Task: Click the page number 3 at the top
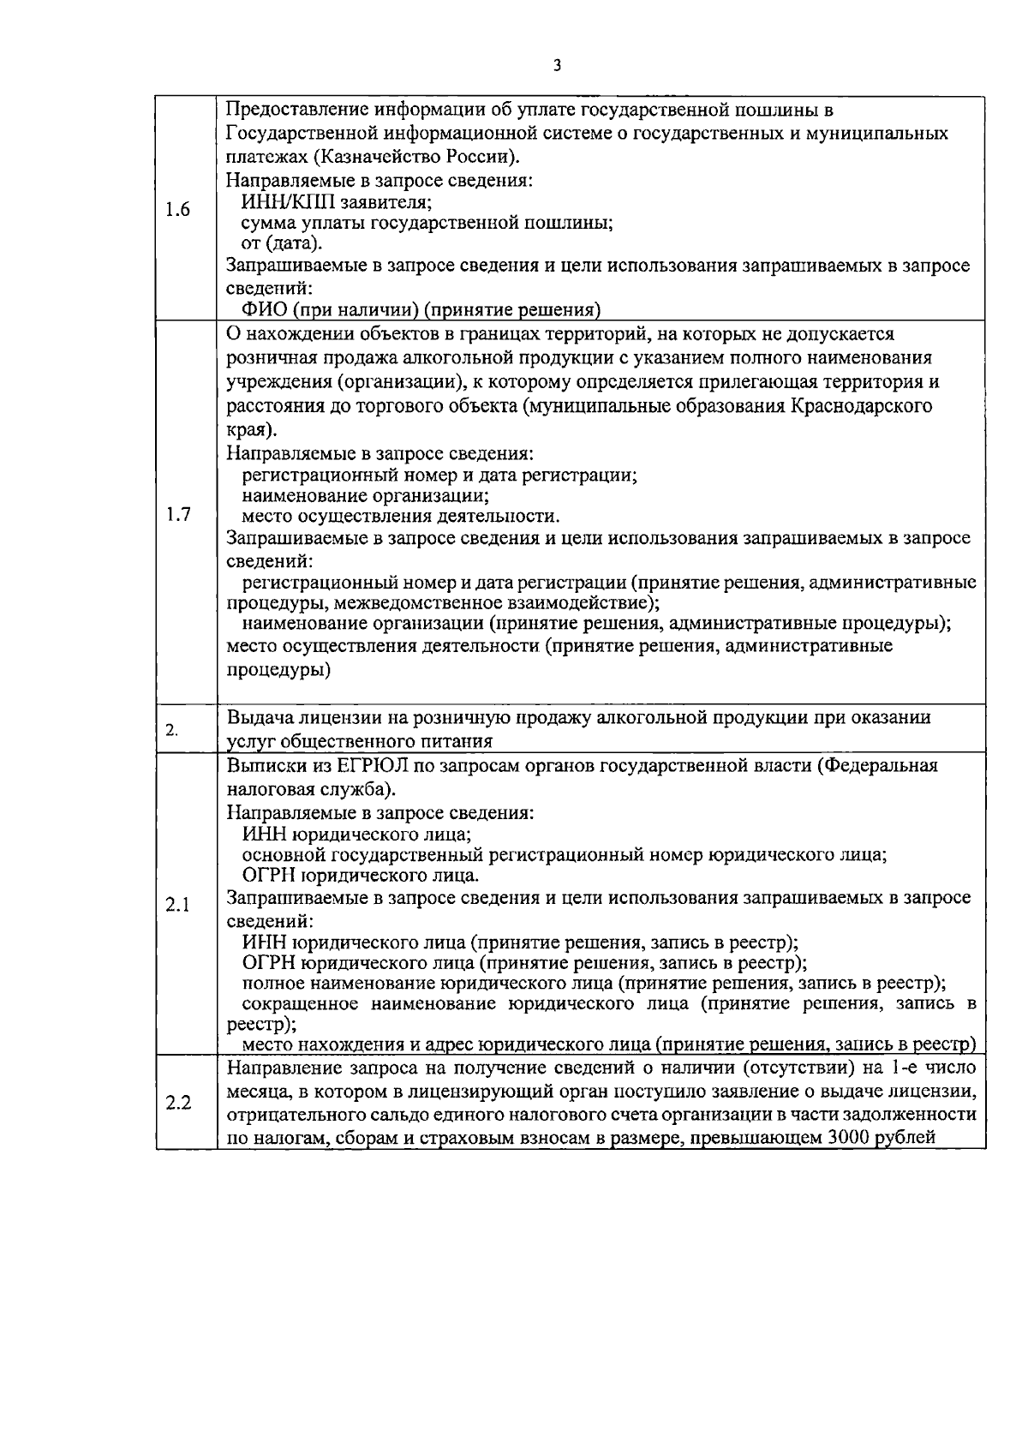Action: [x=557, y=65]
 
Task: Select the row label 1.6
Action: [x=177, y=210]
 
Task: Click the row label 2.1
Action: [x=177, y=906]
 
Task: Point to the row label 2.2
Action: [x=177, y=1102]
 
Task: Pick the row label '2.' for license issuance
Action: [x=172, y=730]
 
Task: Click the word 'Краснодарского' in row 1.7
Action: [x=867, y=406]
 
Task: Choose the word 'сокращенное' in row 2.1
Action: [x=295, y=1003]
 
